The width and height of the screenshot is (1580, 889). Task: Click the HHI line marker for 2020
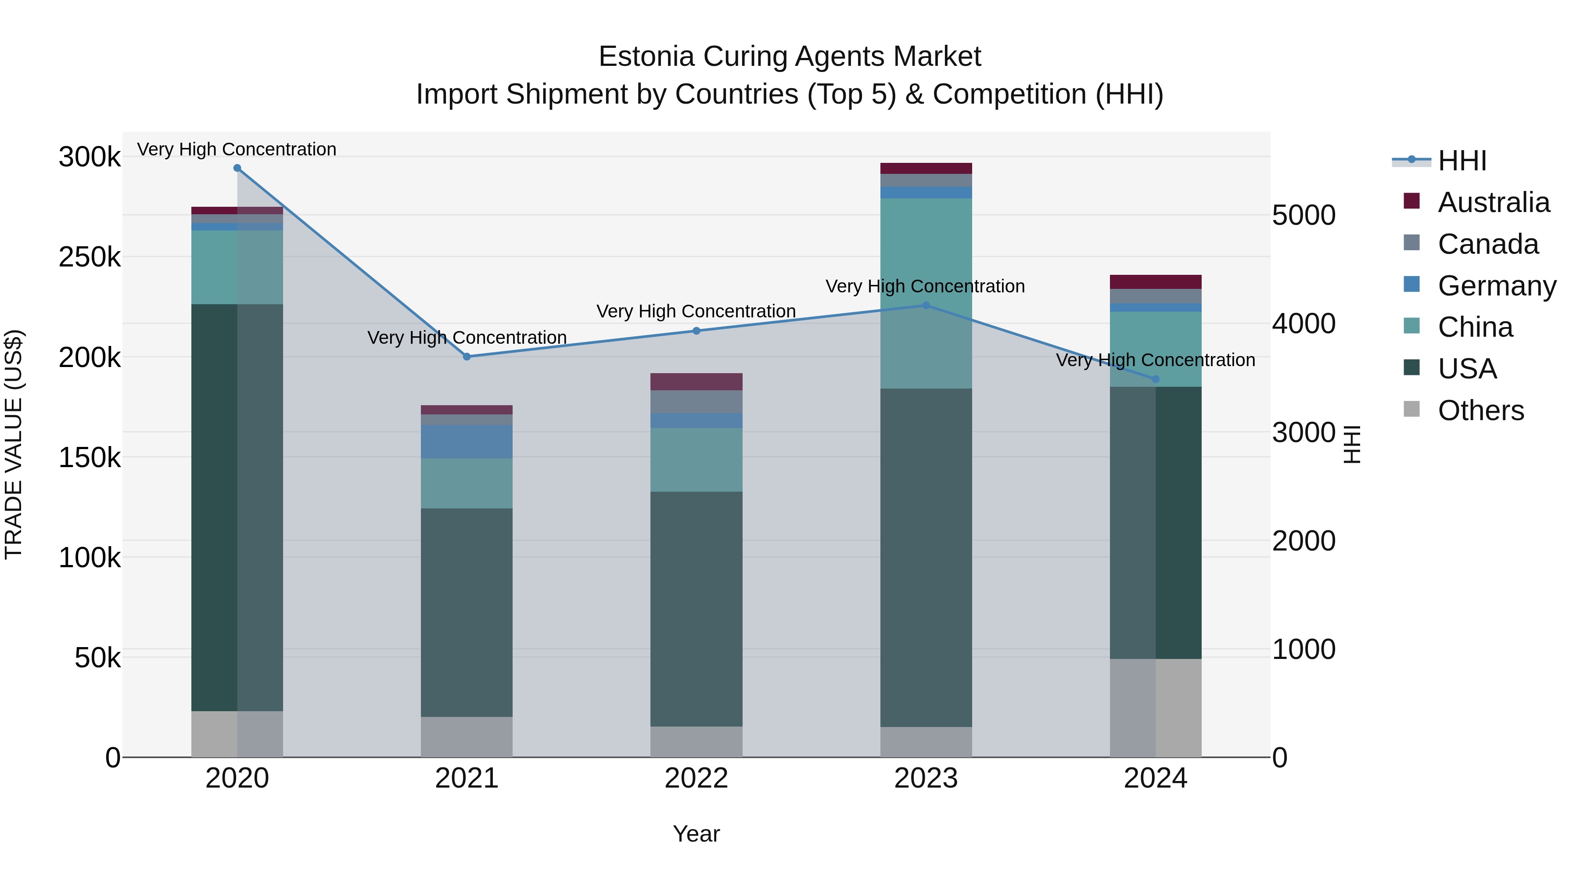(237, 168)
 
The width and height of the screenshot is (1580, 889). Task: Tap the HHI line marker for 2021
(467, 356)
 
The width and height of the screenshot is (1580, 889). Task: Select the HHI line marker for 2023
(926, 306)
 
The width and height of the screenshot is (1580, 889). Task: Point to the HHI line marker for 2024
(1156, 379)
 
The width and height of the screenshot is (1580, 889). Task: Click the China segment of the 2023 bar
(926, 293)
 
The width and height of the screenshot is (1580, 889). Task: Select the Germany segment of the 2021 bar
(467, 442)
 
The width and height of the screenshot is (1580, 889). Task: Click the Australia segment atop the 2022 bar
(696, 382)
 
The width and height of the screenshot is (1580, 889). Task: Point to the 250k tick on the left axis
(90, 257)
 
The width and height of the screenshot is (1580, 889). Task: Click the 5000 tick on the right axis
(1304, 216)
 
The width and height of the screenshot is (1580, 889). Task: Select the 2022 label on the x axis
(696, 778)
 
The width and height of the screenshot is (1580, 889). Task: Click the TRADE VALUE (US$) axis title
(14, 444)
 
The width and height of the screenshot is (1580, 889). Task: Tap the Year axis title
(696, 834)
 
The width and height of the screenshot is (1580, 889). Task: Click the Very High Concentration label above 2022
(696, 311)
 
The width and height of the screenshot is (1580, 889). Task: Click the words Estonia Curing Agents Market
(790, 57)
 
